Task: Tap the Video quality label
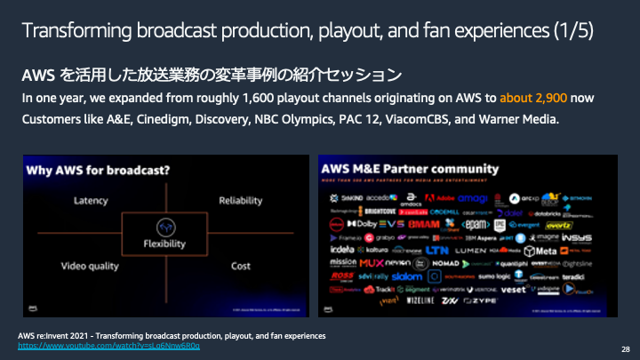(x=90, y=266)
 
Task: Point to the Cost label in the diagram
(x=240, y=266)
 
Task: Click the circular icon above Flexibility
(x=164, y=226)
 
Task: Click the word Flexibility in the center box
(x=164, y=244)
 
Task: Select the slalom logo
(x=407, y=276)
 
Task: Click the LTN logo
(x=436, y=251)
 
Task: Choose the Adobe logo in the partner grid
(x=442, y=197)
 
